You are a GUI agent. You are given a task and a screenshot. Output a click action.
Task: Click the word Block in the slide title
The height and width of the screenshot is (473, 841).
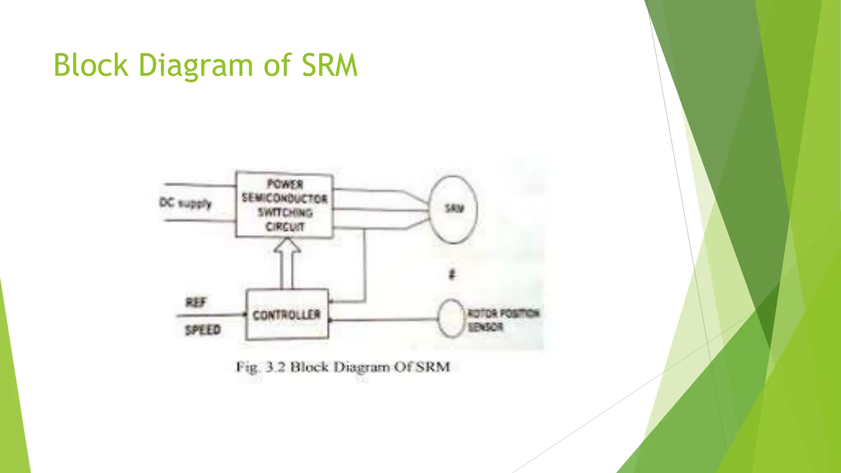91,66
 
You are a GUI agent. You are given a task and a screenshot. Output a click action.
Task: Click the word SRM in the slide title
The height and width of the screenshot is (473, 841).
329,66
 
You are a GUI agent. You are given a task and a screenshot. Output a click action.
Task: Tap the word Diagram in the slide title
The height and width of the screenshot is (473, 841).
195,66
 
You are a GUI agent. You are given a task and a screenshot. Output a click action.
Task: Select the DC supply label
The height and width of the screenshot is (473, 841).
185,203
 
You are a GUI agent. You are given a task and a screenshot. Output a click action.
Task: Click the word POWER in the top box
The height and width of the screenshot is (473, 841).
285,184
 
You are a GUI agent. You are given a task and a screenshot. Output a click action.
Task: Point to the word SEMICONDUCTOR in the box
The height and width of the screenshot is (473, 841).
285,199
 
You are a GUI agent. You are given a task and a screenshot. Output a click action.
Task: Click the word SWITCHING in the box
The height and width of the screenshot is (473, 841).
285,213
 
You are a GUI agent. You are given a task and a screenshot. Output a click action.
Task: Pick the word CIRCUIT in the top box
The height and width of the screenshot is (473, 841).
285,227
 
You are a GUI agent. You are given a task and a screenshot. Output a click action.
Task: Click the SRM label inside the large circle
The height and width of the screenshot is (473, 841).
454,209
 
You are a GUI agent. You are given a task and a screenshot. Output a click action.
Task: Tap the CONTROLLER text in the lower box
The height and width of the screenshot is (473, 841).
286,315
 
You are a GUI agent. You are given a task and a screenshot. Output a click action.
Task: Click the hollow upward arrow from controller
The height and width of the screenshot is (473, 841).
287,263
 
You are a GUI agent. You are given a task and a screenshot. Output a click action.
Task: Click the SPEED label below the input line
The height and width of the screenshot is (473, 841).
202,330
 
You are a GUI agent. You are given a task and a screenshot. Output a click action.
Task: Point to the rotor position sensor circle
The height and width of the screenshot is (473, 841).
451,319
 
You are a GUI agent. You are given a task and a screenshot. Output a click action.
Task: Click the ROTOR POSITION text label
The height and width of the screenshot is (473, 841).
503,313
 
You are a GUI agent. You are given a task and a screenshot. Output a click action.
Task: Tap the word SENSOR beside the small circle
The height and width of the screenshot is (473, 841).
485,327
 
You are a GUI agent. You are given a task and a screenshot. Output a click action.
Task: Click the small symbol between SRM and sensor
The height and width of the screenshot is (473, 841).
452,274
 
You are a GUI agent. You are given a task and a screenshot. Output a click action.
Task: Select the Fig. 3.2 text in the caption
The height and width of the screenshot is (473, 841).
260,367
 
